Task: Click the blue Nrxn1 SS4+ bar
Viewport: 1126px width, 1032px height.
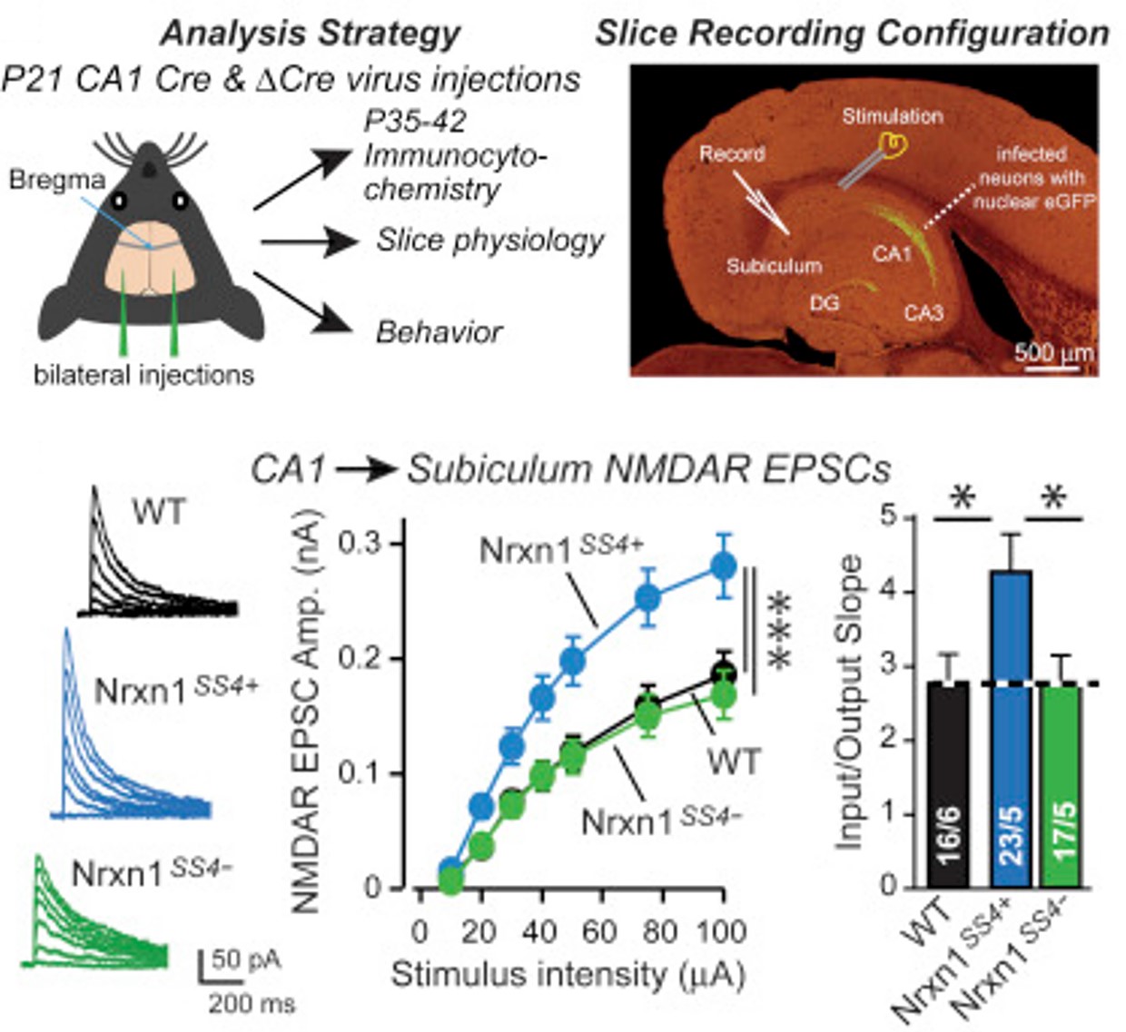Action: pos(1011,726)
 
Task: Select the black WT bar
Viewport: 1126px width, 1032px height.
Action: pos(949,781)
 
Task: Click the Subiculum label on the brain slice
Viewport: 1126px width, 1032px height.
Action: pos(774,266)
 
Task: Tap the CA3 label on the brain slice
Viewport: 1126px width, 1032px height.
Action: pos(923,313)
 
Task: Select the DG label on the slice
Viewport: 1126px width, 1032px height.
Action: pos(824,304)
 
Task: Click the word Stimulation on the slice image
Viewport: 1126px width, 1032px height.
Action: pos(892,116)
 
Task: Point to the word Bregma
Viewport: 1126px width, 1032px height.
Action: pos(56,180)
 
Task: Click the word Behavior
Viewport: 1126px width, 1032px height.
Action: pos(439,332)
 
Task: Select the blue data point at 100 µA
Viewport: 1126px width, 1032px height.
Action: pos(723,566)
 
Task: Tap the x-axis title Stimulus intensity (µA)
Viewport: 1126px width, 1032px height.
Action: pos(568,975)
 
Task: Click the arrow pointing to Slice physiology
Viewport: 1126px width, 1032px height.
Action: pos(309,242)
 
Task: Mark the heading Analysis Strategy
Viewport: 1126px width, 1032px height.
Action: pos(311,34)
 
